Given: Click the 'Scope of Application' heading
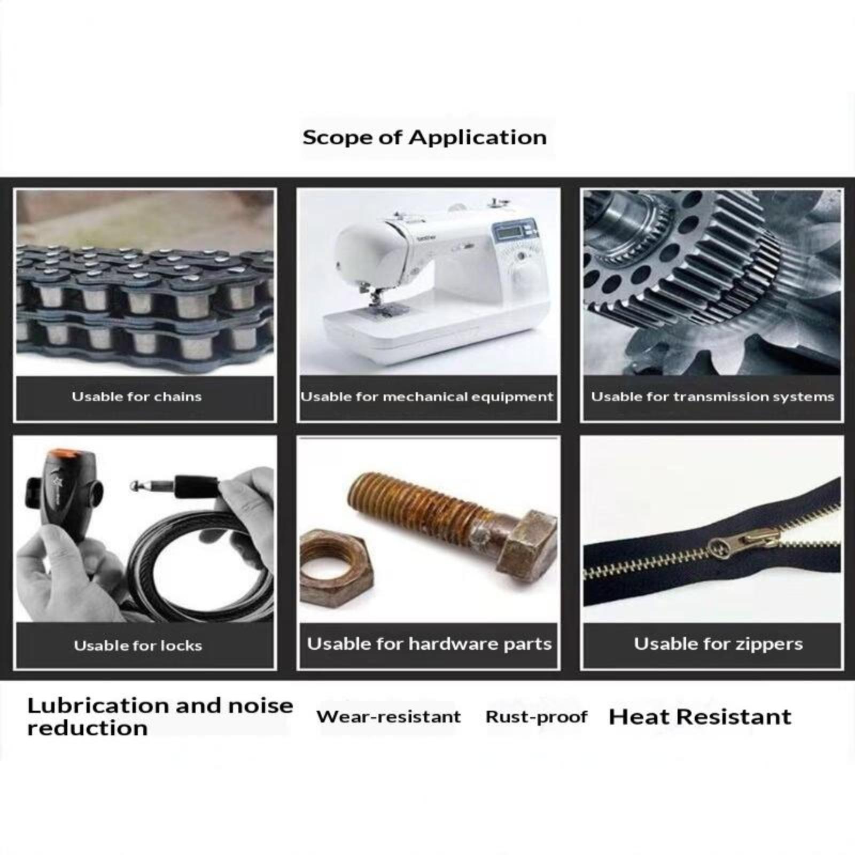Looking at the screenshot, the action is [x=424, y=138].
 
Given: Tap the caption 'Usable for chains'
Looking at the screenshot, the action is [x=137, y=397].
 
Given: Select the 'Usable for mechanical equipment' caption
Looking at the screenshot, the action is [x=427, y=397].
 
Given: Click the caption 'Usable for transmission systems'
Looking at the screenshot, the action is [x=712, y=397].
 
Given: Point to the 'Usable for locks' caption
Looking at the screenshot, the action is [x=138, y=646].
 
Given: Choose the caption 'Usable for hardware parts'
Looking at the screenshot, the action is [x=429, y=644].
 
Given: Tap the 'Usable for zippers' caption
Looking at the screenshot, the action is [x=718, y=644].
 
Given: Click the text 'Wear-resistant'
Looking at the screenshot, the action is [x=388, y=717].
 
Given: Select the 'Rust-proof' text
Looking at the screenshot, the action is [x=537, y=717].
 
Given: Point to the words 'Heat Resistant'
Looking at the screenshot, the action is [x=700, y=717].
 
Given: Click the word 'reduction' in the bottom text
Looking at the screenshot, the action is [x=88, y=728].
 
